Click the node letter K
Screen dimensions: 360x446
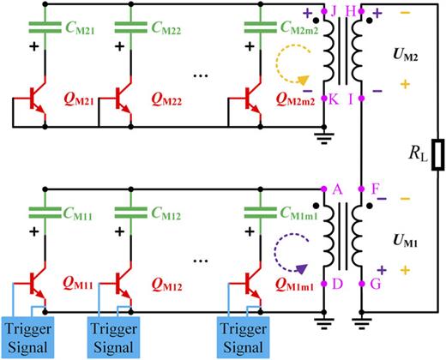[x=333, y=99]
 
